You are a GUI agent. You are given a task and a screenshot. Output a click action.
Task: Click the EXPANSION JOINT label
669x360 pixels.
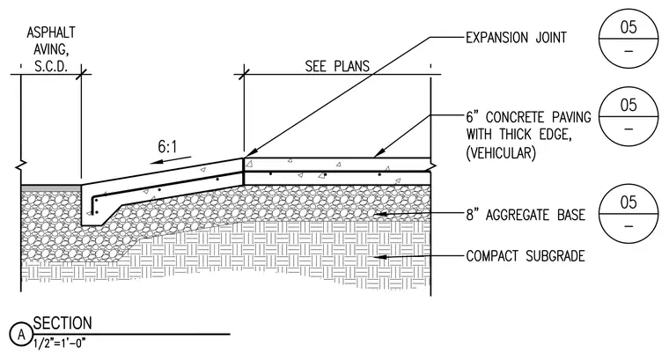click(516, 38)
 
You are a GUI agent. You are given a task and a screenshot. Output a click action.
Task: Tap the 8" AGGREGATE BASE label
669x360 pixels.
click(526, 215)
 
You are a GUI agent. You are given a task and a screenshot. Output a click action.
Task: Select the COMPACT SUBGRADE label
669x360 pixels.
click(526, 256)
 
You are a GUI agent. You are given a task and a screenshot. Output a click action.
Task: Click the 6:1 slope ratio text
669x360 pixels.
click(167, 147)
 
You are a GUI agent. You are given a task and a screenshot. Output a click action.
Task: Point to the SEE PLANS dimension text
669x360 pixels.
click(337, 67)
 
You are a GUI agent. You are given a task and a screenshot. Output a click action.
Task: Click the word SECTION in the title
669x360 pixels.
click(62, 323)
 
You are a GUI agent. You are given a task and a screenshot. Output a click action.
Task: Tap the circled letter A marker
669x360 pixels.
click(21, 334)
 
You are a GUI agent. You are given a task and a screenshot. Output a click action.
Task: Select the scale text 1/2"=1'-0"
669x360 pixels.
click(59, 343)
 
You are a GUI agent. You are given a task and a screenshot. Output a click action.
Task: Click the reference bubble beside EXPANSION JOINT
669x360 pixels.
click(629, 39)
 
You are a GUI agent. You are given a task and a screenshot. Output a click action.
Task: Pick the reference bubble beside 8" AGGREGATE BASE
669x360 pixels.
click(629, 213)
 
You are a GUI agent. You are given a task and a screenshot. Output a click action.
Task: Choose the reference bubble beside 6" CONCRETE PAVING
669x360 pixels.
click(629, 116)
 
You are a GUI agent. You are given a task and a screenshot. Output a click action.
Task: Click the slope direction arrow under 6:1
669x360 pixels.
click(171, 160)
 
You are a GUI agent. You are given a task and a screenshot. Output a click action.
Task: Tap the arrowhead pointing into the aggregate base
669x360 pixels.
click(379, 214)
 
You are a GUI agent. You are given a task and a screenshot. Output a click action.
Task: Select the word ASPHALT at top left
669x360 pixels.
click(51, 33)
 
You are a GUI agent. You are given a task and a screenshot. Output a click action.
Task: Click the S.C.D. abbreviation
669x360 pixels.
click(51, 67)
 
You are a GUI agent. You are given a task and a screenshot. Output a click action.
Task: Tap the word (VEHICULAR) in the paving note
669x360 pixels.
click(501, 152)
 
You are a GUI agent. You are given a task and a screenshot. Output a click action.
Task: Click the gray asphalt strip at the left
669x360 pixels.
click(51, 187)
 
